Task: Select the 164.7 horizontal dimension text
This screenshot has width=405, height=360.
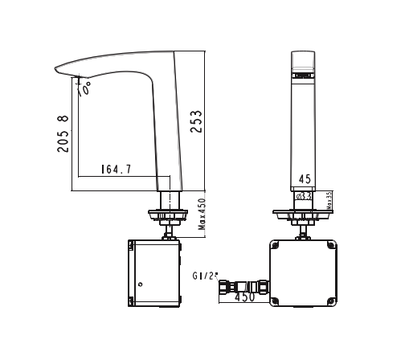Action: (117, 170)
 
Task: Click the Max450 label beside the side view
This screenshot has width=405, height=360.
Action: (203, 215)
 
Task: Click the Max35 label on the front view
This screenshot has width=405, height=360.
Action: (329, 202)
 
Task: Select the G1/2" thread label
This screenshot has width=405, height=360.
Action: (206, 276)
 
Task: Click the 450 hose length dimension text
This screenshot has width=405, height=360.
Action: (245, 297)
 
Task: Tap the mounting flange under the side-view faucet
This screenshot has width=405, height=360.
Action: (167, 215)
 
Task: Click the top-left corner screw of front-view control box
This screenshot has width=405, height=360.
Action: (274, 246)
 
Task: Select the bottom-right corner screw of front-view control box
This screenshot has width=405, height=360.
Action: (331, 303)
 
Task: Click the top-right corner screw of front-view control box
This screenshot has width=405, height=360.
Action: (331, 246)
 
